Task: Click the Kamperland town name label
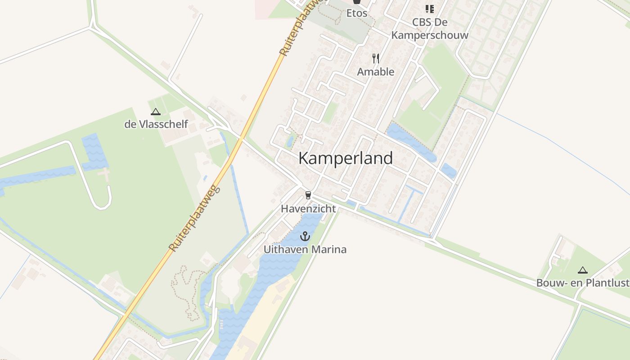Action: click(345, 158)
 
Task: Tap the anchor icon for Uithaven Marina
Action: click(306, 236)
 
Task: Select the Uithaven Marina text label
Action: click(305, 249)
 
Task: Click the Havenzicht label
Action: click(308, 209)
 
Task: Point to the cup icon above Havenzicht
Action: click(308, 195)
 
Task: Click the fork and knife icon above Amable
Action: click(376, 58)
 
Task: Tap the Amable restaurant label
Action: click(376, 72)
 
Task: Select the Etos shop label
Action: click(357, 13)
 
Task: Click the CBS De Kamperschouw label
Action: click(430, 28)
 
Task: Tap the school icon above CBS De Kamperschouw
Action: click(430, 9)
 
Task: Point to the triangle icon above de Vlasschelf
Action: click(156, 112)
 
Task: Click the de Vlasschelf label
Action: click(156, 124)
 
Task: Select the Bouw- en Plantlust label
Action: click(583, 283)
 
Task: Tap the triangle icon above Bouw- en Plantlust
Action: click(583, 270)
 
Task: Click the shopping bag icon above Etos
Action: click(357, 2)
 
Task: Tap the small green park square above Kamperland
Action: click(330, 112)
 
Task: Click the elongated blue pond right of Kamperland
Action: click(411, 142)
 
